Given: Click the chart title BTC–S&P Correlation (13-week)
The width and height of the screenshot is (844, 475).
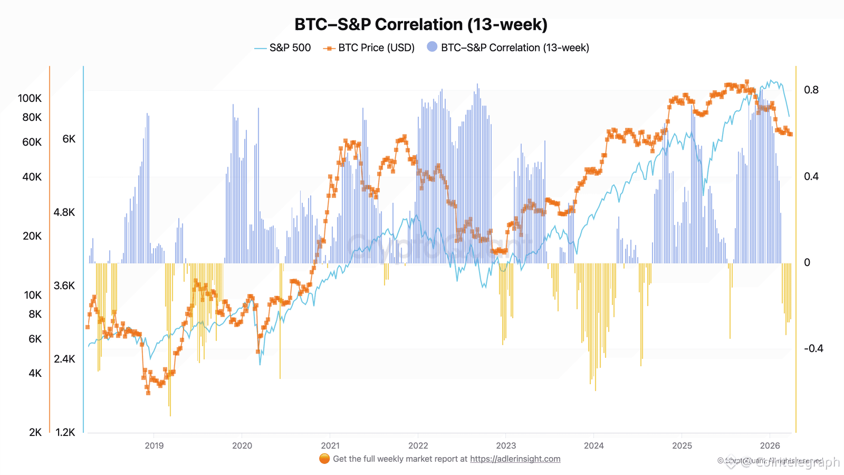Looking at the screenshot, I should tap(421, 24).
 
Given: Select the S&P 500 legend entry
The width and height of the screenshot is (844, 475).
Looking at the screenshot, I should tap(290, 47).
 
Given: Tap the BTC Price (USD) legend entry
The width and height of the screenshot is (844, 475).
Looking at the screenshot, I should tap(376, 47).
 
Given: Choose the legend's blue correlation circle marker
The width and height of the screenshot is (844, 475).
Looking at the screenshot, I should tap(432, 46).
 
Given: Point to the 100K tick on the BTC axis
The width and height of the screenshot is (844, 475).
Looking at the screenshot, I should tap(30, 98).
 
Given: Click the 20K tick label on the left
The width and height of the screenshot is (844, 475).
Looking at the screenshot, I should tap(32, 236).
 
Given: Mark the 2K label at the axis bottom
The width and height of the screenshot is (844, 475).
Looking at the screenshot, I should tap(35, 432).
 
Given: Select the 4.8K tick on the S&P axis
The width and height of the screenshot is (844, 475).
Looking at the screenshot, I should tap(64, 212).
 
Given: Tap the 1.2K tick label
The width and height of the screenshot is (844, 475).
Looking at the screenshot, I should tap(65, 432).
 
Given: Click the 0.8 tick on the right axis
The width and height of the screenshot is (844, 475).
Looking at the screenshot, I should tap(811, 90).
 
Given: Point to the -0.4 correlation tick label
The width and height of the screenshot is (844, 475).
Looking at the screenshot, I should tap(813, 348).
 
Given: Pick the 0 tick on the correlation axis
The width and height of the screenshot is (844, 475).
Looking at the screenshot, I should tap(807, 262).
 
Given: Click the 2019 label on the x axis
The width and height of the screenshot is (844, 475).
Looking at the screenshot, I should tap(154, 445).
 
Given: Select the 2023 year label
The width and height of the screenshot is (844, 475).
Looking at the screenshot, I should tap(506, 445).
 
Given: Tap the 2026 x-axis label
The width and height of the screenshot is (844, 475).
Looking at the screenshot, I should tap(770, 445).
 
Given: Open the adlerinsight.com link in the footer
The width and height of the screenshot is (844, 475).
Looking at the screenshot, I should tap(515, 459).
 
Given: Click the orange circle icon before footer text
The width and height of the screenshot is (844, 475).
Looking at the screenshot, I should tap(324, 459).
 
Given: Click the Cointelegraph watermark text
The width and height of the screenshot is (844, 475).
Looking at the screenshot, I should tap(797, 462).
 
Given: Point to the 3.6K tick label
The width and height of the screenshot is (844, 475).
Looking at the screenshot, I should tap(64, 286).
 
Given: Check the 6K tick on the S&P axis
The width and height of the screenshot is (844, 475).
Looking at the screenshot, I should tap(69, 139).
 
